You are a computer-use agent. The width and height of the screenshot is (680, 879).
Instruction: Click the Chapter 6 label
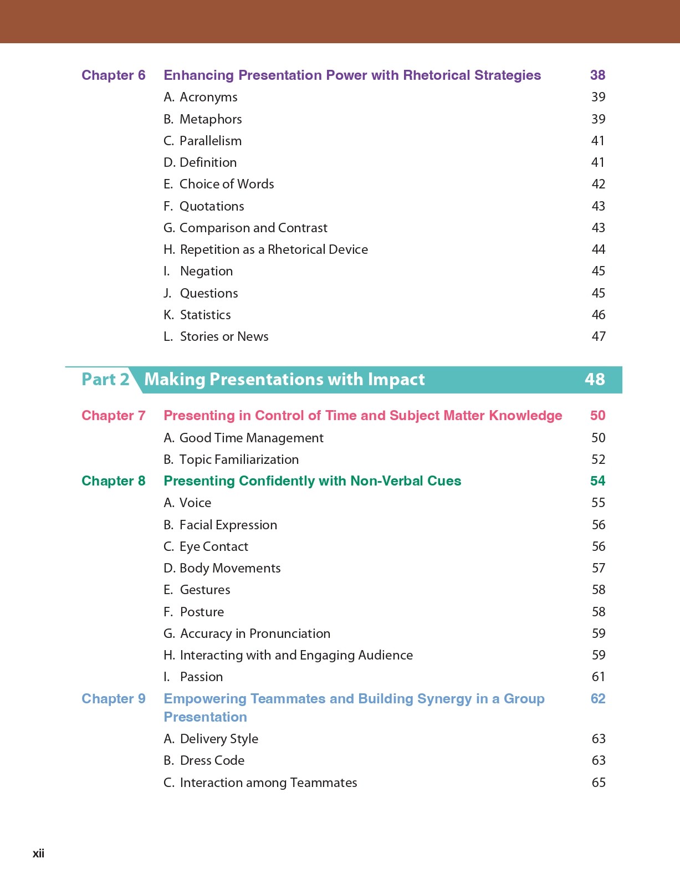point(113,75)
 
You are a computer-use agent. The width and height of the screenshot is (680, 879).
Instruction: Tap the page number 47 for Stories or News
point(599,336)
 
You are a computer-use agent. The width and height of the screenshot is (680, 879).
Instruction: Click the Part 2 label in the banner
point(105,380)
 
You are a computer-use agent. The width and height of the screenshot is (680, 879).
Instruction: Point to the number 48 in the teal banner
point(595,379)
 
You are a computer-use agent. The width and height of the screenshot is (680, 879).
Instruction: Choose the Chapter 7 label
point(113,416)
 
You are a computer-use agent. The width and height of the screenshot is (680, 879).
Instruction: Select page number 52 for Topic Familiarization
point(599,459)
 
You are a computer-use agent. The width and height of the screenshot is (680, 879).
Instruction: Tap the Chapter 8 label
point(113,481)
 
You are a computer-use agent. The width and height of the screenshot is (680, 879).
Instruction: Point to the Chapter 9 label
point(113,699)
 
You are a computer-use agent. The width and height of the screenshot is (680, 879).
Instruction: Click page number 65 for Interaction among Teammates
point(599,783)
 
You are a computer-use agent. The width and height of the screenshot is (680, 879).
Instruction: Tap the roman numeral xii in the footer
point(38,854)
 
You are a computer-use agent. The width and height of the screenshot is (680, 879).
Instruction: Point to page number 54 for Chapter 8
point(597,481)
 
